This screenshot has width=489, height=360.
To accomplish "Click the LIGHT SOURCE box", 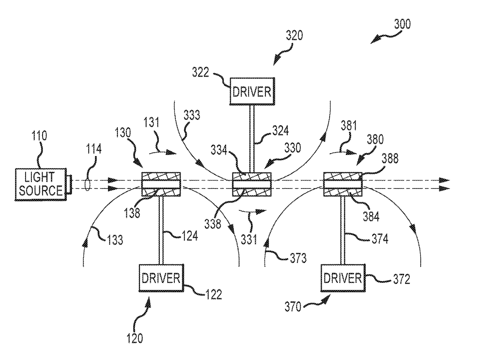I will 41,184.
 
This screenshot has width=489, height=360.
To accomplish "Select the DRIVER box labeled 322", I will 252,91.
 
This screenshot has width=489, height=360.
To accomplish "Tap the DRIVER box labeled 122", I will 161,278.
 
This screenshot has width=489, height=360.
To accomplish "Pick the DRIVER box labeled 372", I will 343,278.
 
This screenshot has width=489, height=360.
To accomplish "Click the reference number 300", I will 402,24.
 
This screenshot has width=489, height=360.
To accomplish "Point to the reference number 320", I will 294,36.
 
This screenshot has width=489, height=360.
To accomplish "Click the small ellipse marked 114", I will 87,184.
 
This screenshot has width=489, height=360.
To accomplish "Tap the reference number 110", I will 39,136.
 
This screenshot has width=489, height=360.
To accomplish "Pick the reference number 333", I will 192,115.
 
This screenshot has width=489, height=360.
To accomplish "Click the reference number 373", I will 298,259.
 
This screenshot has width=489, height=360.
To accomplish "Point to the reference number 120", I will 135,338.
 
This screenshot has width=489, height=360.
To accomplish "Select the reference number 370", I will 293,306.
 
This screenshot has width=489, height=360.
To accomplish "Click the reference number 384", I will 371,216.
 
